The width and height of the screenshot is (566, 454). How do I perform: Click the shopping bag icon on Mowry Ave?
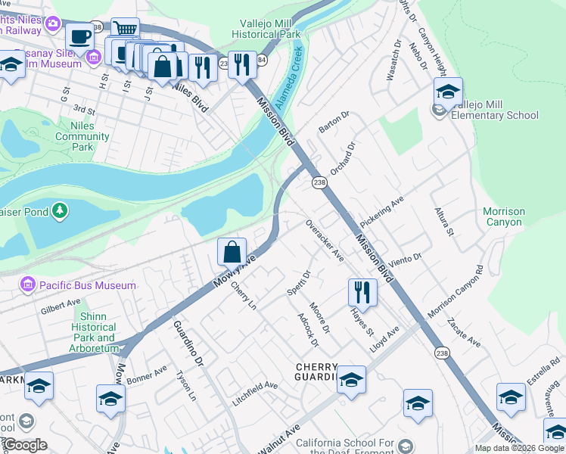click(x=232, y=251)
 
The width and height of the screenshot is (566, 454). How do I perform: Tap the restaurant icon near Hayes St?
click(x=362, y=292)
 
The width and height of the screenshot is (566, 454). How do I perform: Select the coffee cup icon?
click(x=79, y=36)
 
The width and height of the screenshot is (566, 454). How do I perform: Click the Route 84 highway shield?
click(x=261, y=60)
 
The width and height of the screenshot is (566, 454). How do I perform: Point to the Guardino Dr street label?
click(x=188, y=343)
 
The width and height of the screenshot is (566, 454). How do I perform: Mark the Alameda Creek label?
click(x=288, y=79)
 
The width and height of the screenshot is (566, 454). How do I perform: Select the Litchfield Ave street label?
click(x=255, y=394)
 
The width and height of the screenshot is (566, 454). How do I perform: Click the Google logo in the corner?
click(x=25, y=445)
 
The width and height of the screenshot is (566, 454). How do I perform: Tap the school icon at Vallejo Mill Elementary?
click(x=448, y=92)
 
